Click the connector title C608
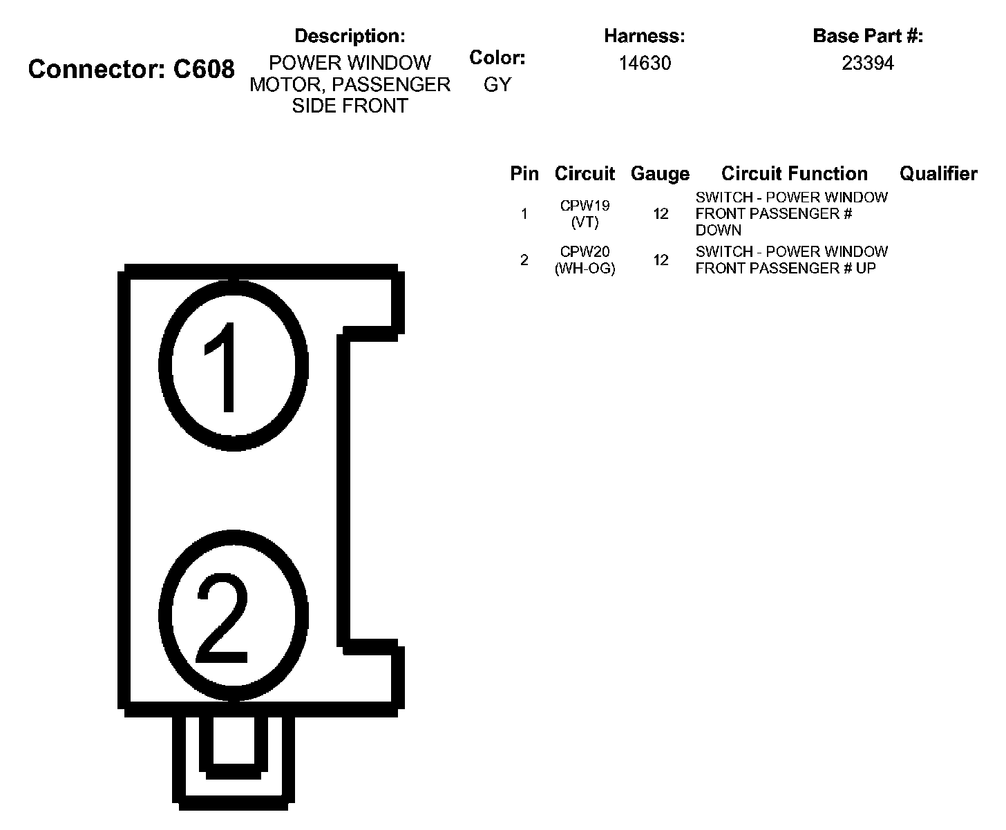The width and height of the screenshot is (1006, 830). [131, 70]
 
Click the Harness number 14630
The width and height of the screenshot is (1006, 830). [645, 64]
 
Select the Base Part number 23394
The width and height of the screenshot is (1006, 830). [868, 64]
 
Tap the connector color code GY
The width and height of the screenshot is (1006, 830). [497, 85]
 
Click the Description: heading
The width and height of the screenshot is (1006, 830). [350, 36]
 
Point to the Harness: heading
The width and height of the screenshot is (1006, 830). [645, 36]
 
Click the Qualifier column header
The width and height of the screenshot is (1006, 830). [938, 174]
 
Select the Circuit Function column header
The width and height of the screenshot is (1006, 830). [795, 174]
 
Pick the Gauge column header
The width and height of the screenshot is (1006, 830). [660, 174]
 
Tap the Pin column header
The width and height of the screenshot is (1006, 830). [524, 174]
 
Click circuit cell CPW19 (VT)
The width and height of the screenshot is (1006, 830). [585, 214]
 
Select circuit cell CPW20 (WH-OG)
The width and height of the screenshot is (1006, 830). [585, 260]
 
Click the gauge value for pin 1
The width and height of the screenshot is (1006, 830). [661, 214]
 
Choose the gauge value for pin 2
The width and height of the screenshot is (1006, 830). [661, 260]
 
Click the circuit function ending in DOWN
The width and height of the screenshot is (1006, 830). [791, 214]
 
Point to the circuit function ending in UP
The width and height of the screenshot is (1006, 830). [791, 260]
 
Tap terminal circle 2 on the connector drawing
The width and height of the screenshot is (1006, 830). [234, 616]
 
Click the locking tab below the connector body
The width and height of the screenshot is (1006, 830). [234, 756]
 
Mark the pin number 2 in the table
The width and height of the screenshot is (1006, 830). [524, 260]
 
